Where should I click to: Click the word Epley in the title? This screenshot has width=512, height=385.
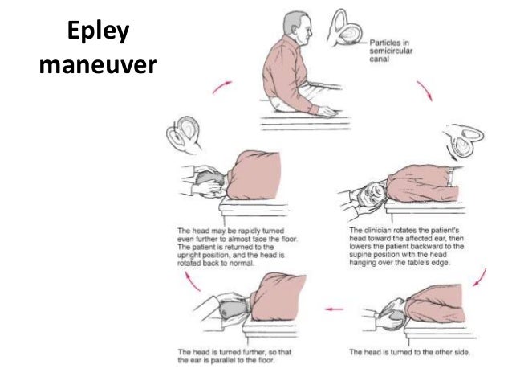[x=98, y=31]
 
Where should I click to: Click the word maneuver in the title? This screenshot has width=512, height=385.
[x=98, y=65]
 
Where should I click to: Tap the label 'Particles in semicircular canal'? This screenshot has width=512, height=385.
[x=391, y=51]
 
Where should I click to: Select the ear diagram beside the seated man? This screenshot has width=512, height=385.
[x=344, y=28]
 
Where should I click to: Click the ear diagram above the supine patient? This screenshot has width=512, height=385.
[x=463, y=141]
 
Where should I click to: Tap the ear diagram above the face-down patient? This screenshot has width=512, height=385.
[x=184, y=134]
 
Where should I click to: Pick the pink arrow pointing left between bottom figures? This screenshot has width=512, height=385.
[x=335, y=309]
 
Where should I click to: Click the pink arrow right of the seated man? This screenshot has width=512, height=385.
[x=425, y=91]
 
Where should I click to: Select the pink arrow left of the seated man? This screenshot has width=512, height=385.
[x=222, y=87]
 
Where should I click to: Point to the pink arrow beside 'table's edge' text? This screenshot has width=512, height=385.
[x=480, y=277]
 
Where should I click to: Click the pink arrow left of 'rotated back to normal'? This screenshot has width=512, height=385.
[x=193, y=281]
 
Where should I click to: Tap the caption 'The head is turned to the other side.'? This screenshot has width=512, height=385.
[x=409, y=352]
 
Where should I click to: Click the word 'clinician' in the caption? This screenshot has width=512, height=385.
[x=376, y=230]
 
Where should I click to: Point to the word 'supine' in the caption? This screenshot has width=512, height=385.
[x=360, y=255]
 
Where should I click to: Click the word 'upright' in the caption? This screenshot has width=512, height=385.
[x=188, y=256]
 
